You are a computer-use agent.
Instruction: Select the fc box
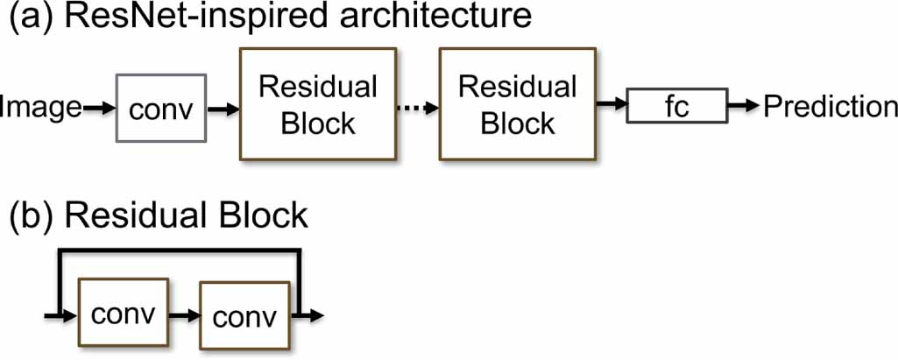676,106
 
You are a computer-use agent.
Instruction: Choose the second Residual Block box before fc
519,104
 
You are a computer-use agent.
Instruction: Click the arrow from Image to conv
99,109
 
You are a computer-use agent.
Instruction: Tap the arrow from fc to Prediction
744,106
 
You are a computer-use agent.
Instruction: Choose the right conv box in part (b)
244,314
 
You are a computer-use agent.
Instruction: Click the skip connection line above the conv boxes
180,251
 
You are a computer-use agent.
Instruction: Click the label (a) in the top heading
27,20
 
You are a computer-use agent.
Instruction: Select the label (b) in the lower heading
27,215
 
